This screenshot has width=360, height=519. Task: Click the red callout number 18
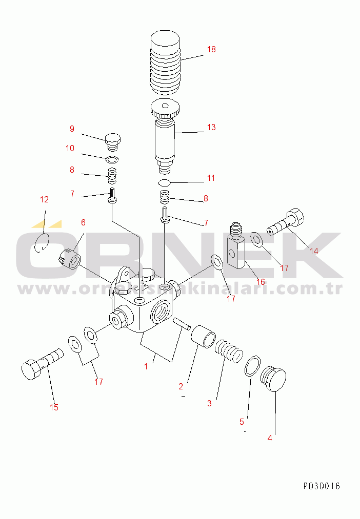[x=211, y=49]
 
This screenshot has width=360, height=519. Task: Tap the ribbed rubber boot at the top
[x=165, y=63]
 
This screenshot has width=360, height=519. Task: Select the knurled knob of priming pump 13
[x=165, y=109]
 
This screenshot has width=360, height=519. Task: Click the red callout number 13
[x=211, y=127]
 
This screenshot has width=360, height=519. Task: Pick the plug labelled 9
[x=113, y=142]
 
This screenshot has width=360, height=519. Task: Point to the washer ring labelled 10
[x=112, y=160]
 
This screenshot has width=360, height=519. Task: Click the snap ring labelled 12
[x=42, y=243]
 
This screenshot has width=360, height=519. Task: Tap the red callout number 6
[x=83, y=222]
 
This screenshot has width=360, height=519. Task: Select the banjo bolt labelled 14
[x=285, y=222]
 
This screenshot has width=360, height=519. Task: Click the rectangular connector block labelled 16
[x=236, y=245]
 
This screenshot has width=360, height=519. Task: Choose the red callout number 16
[x=261, y=282]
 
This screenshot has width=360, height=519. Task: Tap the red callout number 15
[x=54, y=407]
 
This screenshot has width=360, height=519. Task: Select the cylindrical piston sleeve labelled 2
[x=203, y=337]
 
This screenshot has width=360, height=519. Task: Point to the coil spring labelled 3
[x=229, y=350]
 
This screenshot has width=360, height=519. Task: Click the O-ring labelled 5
[x=252, y=366]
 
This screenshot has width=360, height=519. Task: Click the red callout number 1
[x=146, y=366]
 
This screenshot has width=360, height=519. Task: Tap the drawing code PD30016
[x=322, y=486]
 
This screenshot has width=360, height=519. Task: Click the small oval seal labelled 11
[x=164, y=182]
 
